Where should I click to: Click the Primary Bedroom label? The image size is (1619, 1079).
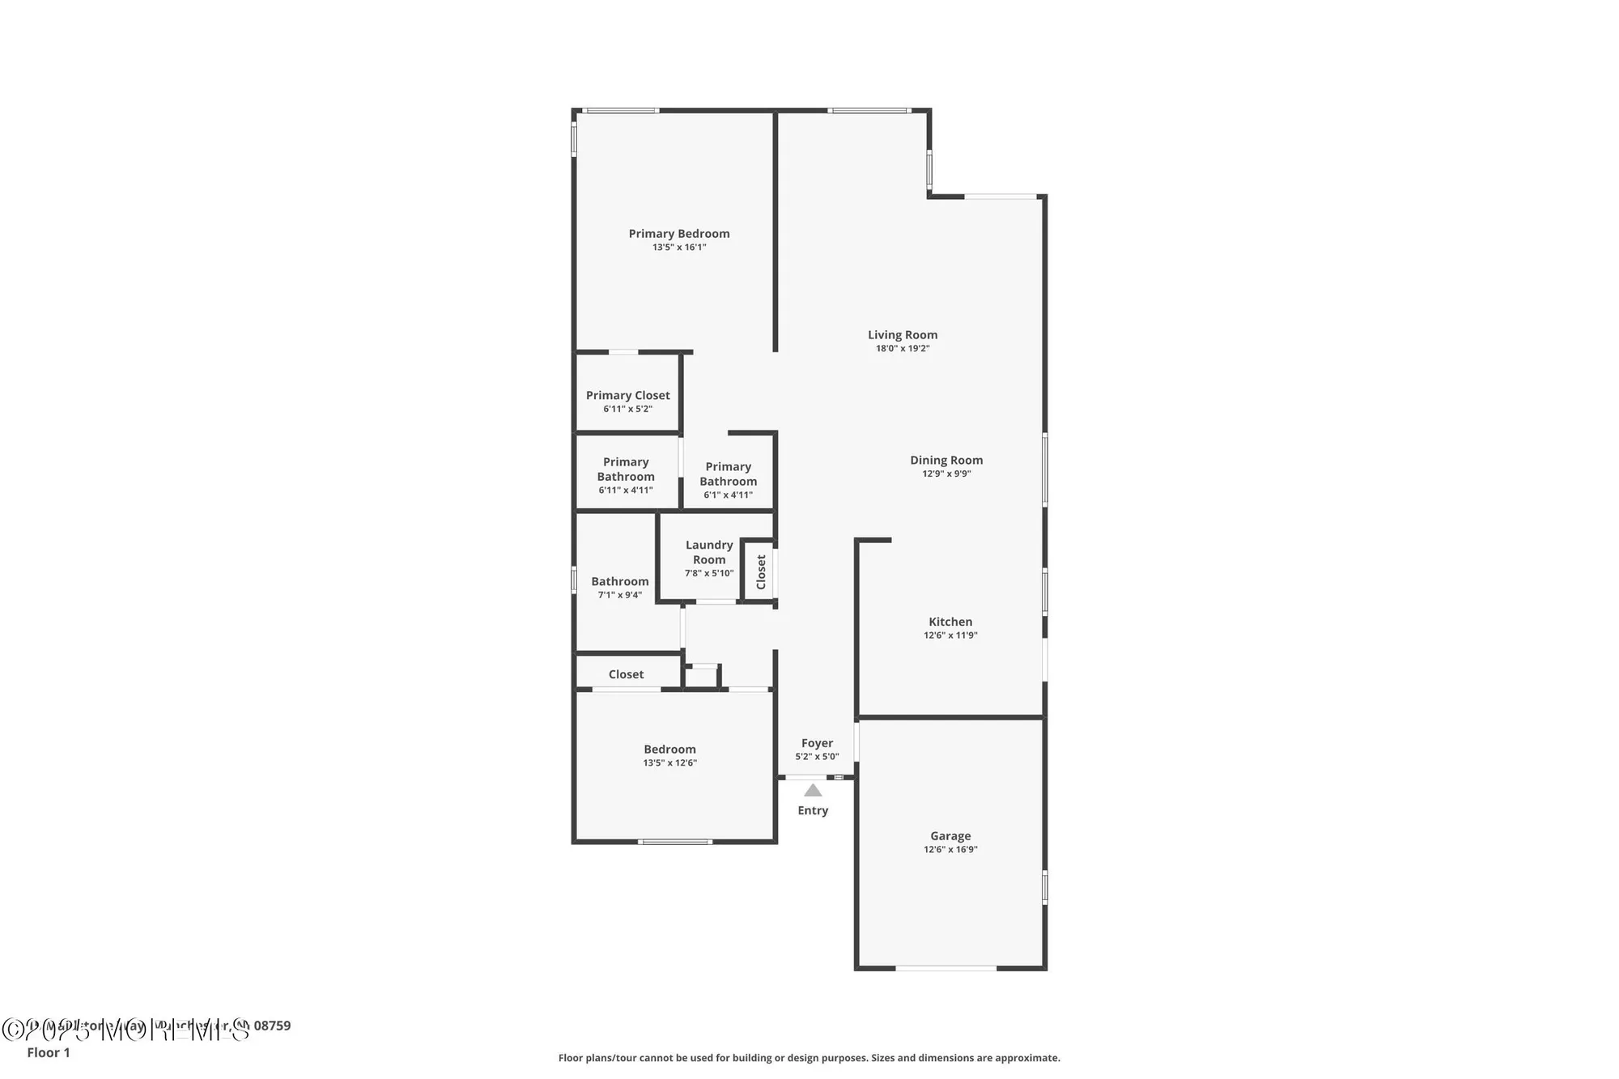(x=679, y=234)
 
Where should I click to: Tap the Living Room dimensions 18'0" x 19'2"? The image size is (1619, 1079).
(x=903, y=349)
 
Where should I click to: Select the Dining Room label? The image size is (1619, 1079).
(x=946, y=461)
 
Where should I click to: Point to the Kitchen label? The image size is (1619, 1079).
(x=950, y=622)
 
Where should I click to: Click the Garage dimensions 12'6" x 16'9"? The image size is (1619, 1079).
(x=950, y=849)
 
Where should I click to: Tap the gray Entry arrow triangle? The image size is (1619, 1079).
(x=813, y=790)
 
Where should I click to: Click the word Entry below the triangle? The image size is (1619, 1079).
(x=813, y=810)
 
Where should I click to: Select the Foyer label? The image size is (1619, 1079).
(x=817, y=743)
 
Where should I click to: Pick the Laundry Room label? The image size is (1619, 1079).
(x=709, y=552)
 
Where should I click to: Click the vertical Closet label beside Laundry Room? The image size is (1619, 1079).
(x=761, y=571)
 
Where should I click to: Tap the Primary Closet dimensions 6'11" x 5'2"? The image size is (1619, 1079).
(x=627, y=409)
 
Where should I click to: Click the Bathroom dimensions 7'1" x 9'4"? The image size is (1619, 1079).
(x=620, y=595)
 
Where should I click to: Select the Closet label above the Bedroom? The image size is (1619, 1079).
(x=626, y=674)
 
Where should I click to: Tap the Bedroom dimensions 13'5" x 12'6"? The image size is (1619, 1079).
(x=669, y=763)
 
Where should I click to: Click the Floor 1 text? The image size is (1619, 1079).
(x=49, y=1052)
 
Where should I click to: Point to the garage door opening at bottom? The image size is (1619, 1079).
(x=945, y=967)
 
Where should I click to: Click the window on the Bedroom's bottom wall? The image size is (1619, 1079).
(x=675, y=842)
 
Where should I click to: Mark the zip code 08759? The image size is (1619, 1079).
(x=272, y=1026)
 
